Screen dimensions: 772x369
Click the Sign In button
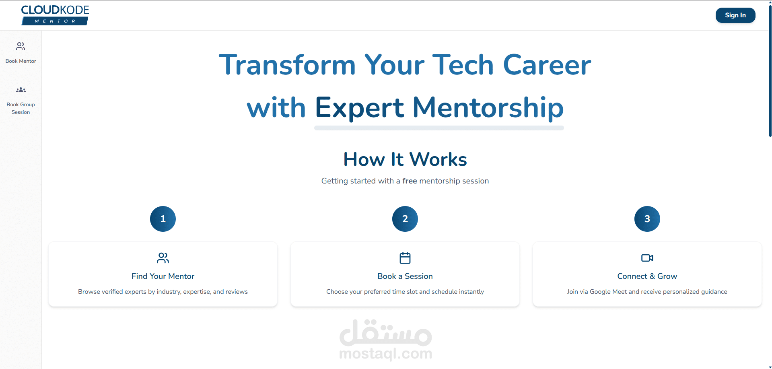pos(735,15)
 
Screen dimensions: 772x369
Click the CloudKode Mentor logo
pos(55,15)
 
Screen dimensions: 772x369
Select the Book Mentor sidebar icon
pos(21,47)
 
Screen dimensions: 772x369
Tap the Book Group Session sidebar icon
pos(21,90)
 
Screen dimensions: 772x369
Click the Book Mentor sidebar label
pos(21,61)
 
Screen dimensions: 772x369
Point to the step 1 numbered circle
pos(163,219)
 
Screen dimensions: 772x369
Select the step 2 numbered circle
pos(405,219)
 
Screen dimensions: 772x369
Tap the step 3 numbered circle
pos(647,219)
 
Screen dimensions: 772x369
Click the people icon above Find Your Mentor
pos(163,258)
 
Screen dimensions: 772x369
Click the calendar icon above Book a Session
pos(405,258)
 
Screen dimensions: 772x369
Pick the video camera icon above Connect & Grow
pos(647,258)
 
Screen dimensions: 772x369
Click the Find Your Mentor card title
pos(163,276)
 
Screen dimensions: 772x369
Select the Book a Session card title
pos(405,276)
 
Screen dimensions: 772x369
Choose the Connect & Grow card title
pos(647,276)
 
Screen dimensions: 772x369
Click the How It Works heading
pos(405,159)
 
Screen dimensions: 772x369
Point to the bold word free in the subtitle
pos(410,181)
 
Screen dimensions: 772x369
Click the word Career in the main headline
pos(547,65)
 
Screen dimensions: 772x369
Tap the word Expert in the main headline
pos(359,108)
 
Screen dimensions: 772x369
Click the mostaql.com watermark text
pos(386,354)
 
